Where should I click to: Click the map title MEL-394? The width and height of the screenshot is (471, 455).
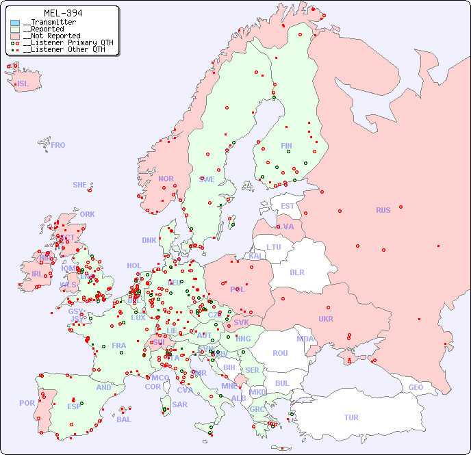click(x=62, y=13)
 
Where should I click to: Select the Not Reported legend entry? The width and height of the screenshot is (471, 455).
click(x=51, y=36)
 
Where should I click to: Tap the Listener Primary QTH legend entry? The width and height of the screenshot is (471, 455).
click(x=66, y=42)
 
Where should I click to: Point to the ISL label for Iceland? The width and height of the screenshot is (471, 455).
click(x=23, y=84)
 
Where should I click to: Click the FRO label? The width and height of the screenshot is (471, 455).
click(x=58, y=145)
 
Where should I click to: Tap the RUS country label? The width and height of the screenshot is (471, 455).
click(x=383, y=210)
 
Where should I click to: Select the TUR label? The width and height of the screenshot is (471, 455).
click(x=351, y=417)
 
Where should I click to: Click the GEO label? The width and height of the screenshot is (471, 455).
click(x=416, y=387)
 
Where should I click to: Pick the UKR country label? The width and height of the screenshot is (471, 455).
click(x=326, y=319)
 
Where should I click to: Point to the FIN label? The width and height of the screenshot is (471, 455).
click(x=286, y=146)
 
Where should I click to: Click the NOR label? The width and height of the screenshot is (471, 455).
click(x=166, y=179)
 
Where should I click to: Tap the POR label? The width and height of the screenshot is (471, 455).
click(x=27, y=403)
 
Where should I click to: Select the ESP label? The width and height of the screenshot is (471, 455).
click(x=74, y=406)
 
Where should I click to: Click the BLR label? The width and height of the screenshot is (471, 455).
click(x=296, y=272)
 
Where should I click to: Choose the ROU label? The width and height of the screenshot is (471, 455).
click(x=280, y=353)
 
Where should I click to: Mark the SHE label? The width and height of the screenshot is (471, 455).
click(x=80, y=185)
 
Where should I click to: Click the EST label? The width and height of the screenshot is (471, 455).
click(x=288, y=206)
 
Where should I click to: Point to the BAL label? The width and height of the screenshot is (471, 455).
click(x=124, y=419)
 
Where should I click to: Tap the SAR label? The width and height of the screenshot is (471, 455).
click(x=179, y=404)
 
